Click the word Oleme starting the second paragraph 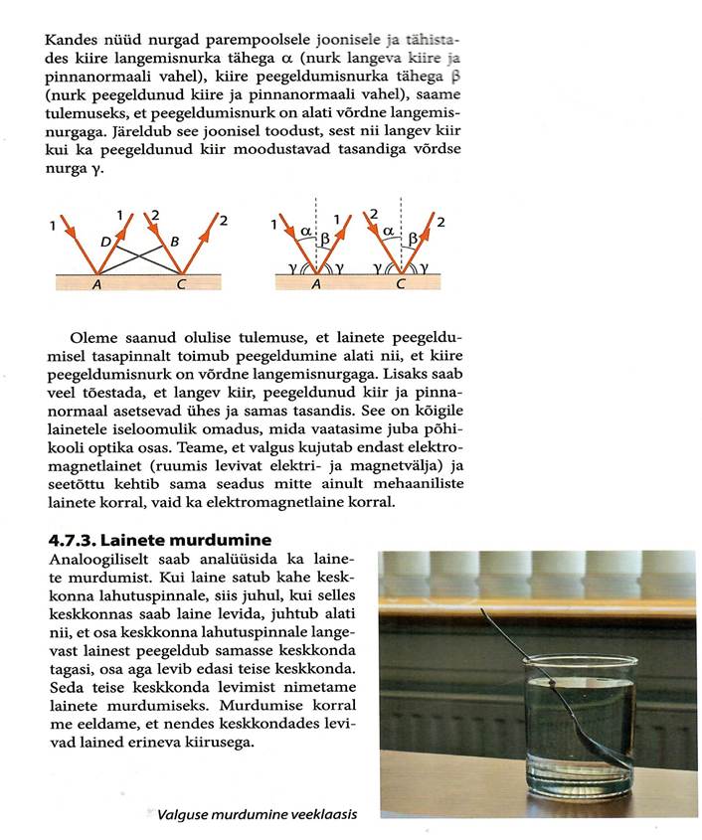(93, 339)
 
